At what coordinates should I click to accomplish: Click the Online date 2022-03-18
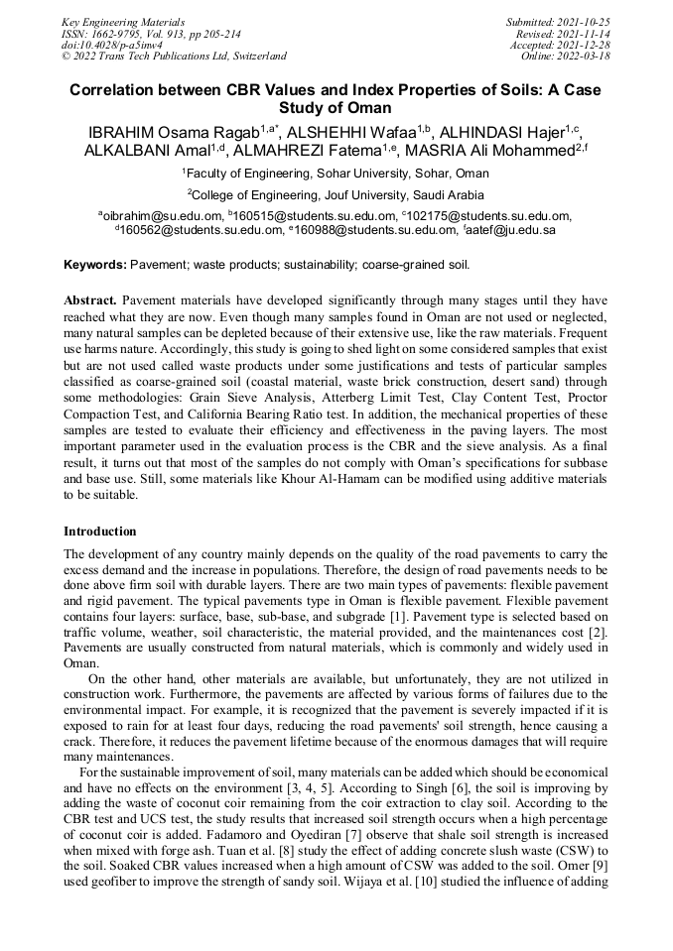[592, 57]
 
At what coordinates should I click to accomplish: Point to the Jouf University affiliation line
[336, 195]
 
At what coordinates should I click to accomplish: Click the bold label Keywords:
[95, 265]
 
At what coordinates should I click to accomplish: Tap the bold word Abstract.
[90, 298]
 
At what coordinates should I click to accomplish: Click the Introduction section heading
[99, 532]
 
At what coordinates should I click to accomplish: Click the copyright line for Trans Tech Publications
[174, 57]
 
